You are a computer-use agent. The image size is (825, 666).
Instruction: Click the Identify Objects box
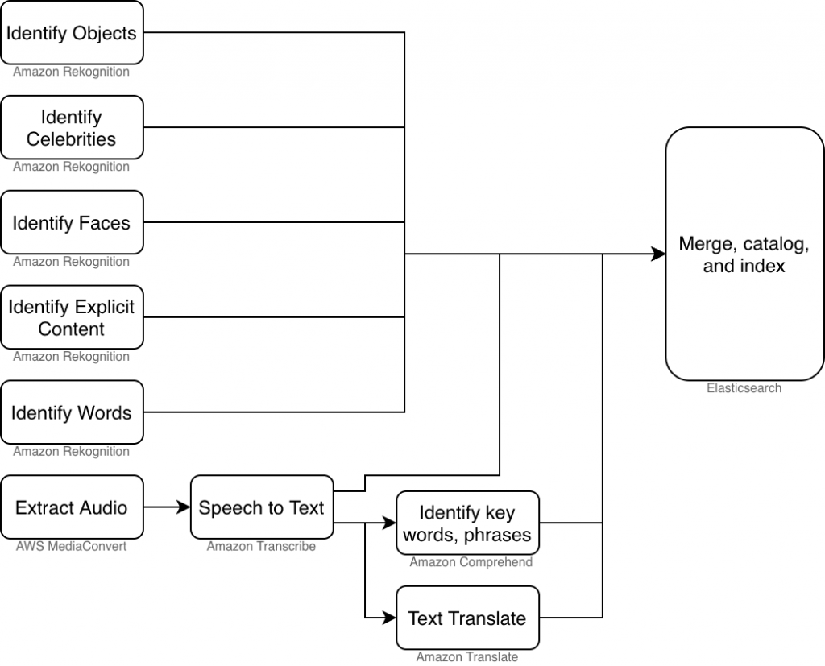[72, 33]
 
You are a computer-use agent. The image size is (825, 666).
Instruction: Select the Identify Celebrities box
[72, 128]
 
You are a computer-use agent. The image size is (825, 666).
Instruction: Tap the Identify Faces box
[72, 223]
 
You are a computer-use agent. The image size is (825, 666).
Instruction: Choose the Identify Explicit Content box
[72, 317]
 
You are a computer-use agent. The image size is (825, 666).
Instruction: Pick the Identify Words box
[72, 412]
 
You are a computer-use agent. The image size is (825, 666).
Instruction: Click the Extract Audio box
[72, 507]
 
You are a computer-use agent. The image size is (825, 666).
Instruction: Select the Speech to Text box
[261, 507]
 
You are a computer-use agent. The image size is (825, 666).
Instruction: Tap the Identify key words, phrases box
[467, 523]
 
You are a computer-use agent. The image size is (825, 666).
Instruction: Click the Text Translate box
[467, 618]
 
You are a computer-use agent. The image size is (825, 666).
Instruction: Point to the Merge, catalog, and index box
[744, 254]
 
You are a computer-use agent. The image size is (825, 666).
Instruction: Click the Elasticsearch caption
[744, 388]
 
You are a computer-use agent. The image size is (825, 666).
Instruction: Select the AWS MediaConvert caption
[72, 547]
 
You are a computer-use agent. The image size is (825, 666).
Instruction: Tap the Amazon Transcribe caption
[261, 547]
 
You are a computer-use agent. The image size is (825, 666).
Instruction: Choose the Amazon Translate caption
[467, 657]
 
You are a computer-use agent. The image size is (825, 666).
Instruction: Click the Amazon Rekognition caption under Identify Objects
[72, 72]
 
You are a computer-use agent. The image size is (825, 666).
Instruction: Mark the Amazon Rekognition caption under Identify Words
[72, 452]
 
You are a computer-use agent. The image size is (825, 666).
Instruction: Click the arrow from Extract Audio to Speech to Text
[167, 507]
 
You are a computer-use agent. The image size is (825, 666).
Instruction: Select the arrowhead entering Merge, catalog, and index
[658, 254]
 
